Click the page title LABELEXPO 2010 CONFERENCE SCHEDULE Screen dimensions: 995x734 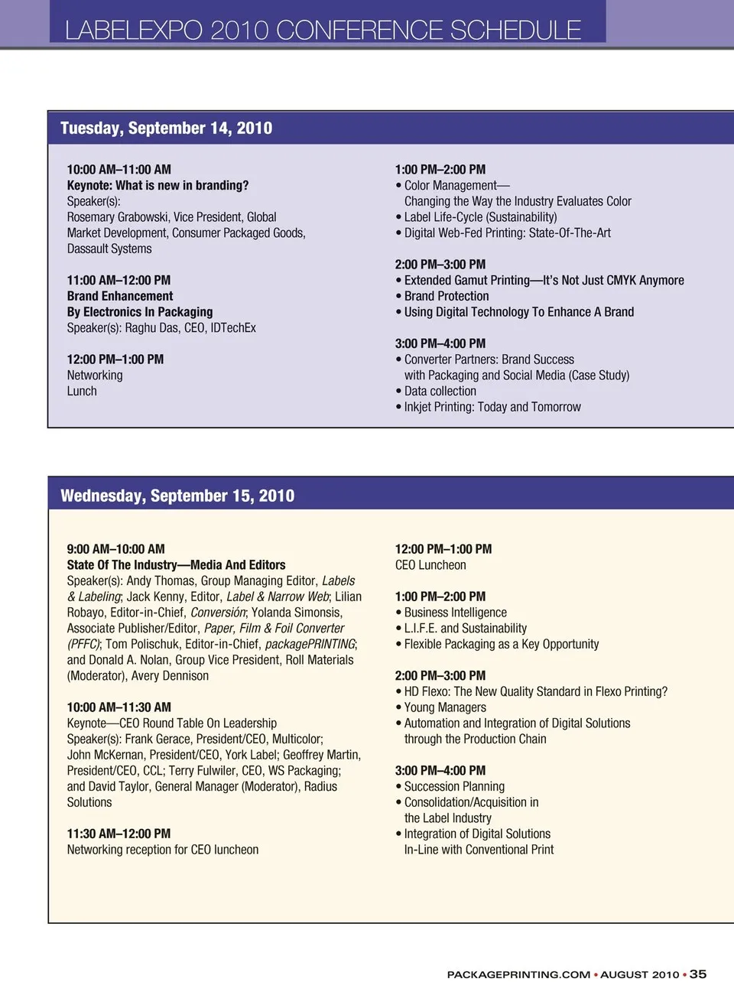(323, 30)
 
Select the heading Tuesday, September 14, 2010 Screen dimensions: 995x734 (166, 128)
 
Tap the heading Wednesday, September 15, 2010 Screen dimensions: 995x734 (177, 496)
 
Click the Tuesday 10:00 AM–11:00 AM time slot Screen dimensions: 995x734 (119, 170)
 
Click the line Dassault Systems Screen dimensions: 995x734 (109, 249)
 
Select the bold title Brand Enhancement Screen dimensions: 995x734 (120, 296)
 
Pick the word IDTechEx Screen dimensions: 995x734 (228, 328)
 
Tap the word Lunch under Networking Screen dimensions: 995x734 (82, 392)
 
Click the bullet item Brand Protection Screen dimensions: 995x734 (447, 296)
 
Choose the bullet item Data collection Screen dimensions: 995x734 (440, 392)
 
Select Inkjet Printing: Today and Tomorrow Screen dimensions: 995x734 (492, 407)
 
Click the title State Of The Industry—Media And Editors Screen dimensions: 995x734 (176, 565)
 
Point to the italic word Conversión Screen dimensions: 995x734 (218, 613)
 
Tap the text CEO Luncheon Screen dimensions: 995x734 (430, 565)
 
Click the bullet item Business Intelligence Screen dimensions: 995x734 (456, 613)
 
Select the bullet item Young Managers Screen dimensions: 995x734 (445, 707)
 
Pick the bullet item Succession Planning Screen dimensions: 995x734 (454, 786)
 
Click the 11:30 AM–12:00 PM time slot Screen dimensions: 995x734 (119, 834)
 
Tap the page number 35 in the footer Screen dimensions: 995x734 (698, 974)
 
